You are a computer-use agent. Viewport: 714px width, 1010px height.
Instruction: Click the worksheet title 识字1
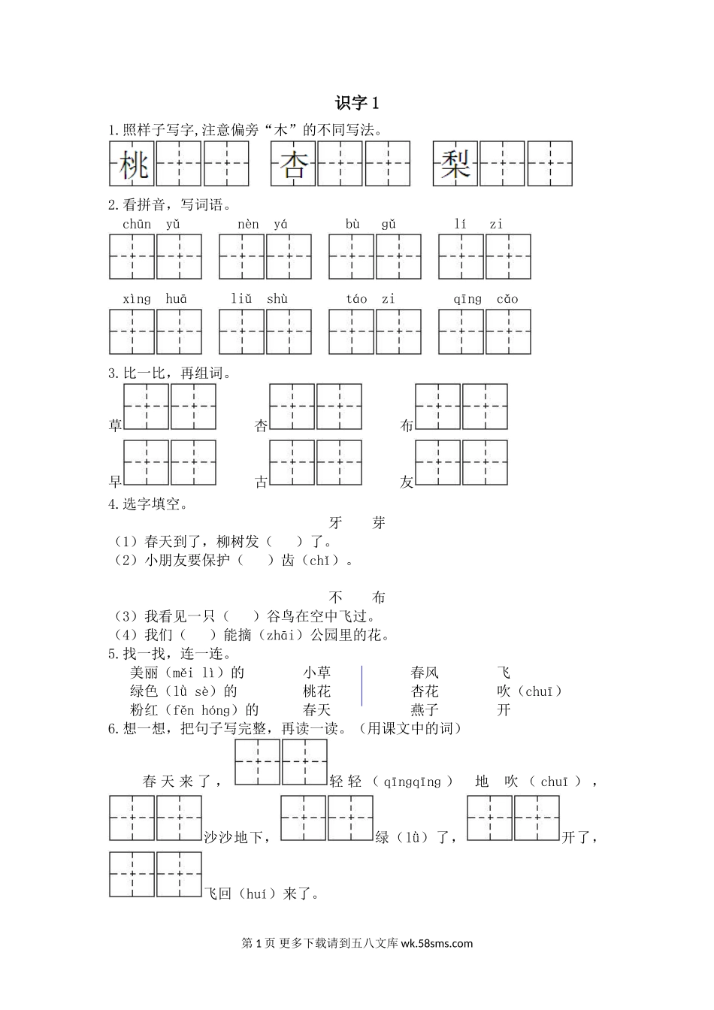click(357, 103)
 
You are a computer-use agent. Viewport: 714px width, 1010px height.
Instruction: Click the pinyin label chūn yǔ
click(151, 224)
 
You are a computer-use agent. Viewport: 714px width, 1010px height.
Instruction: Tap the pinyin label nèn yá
click(262, 224)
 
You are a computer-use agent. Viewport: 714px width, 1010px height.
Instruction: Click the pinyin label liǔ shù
click(259, 299)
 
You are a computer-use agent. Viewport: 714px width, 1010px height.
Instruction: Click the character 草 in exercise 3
click(116, 426)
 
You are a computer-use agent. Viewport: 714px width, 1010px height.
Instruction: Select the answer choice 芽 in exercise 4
click(378, 523)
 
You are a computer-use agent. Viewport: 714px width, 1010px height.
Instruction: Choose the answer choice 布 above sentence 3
click(378, 597)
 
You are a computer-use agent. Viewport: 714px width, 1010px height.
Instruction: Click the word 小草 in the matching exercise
click(316, 673)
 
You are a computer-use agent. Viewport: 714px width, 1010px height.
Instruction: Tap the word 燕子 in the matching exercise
click(425, 709)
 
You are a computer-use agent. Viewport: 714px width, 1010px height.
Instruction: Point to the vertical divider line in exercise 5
click(362, 685)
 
